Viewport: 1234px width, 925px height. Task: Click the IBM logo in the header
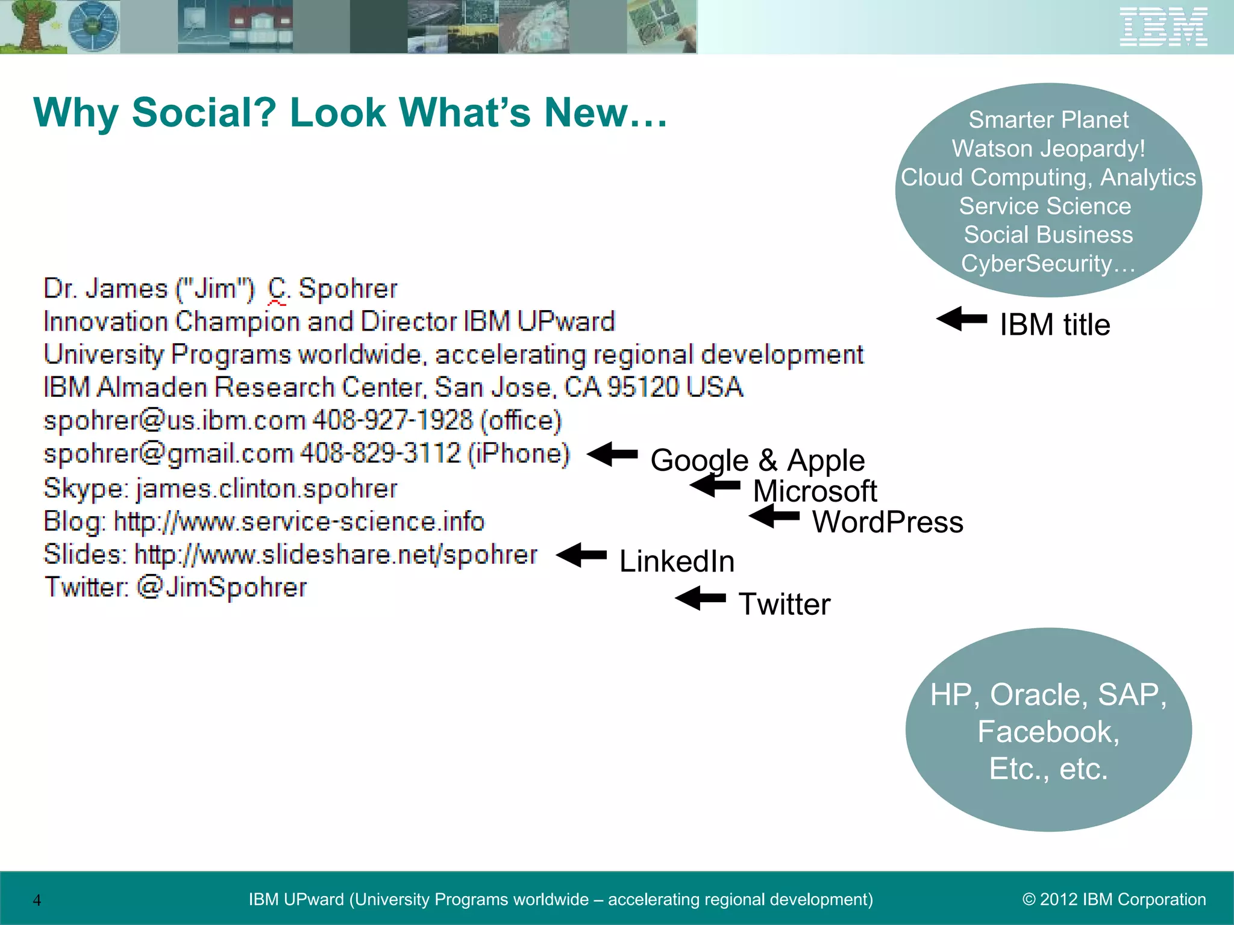(x=1163, y=27)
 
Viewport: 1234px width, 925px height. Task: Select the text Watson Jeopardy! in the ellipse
(x=1048, y=149)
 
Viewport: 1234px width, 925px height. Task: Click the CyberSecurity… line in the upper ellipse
(x=1048, y=264)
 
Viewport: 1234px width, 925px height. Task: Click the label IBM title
(x=1054, y=325)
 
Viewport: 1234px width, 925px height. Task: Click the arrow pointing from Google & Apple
(x=612, y=454)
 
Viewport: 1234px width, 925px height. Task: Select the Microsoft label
(x=815, y=491)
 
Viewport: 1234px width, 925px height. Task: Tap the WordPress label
(x=888, y=522)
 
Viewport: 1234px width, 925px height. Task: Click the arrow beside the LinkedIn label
(x=581, y=555)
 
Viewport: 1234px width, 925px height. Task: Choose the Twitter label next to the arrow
(x=785, y=604)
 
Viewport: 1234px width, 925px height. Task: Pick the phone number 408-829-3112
(x=380, y=453)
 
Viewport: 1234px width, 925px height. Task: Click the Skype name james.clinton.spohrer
(x=266, y=488)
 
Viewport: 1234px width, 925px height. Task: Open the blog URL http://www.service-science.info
(x=299, y=522)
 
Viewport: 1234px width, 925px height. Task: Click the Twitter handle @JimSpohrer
(x=222, y=587)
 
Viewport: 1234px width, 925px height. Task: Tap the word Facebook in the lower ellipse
(x=1048, y=732)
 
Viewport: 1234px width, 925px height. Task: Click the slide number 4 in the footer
(x=37, y=900)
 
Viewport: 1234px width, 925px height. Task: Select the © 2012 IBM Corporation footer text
(x=1114, y=900)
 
